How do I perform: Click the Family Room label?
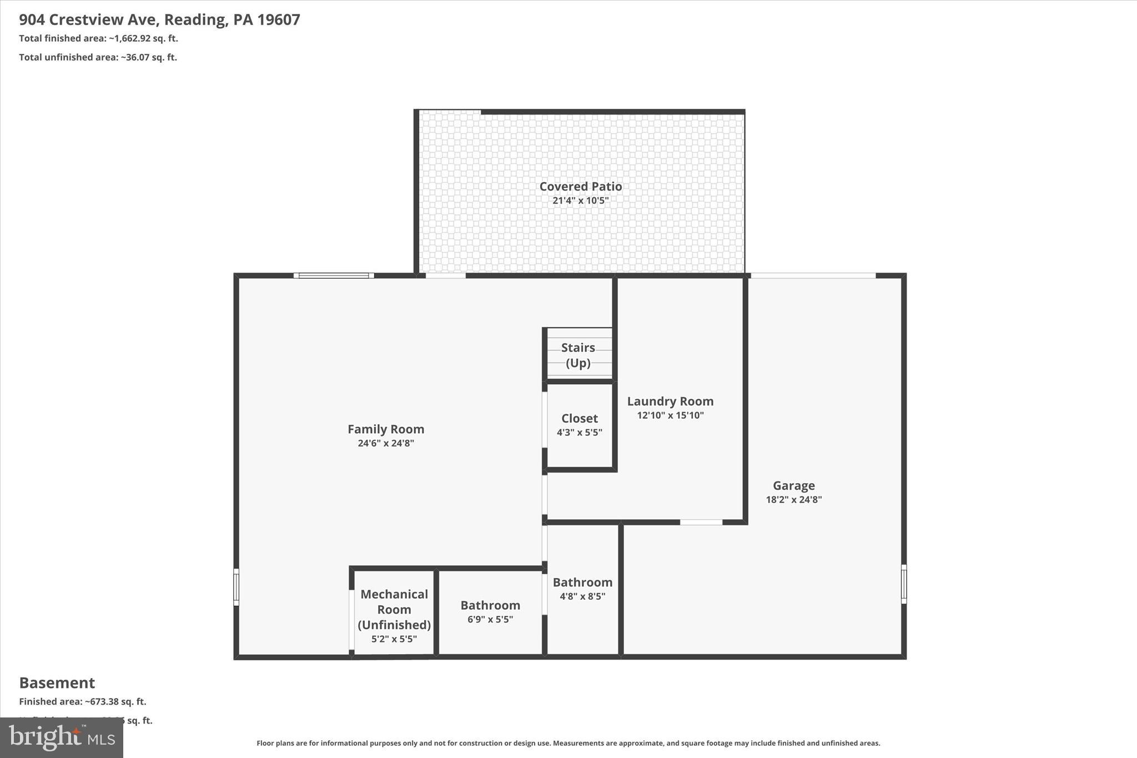point(386,429)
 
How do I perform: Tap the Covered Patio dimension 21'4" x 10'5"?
point(580,200)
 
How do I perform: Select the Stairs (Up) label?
point(578,355)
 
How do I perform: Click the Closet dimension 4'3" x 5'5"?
point(579,433)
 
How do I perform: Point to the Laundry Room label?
point(670,401)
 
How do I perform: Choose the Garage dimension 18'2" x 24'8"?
point(793,499)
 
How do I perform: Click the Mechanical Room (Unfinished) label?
point(394,609)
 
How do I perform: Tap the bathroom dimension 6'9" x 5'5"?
point(490,619)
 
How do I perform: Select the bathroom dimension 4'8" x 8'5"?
point(582,596)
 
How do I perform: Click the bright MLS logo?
point(62,737)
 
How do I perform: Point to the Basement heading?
point(57,682)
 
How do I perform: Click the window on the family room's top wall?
point(334,275)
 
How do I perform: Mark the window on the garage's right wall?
point(903,584)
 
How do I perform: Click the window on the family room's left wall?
point(236,587)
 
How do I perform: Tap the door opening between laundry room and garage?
point(701,522)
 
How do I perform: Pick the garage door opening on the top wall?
point(813,275)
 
